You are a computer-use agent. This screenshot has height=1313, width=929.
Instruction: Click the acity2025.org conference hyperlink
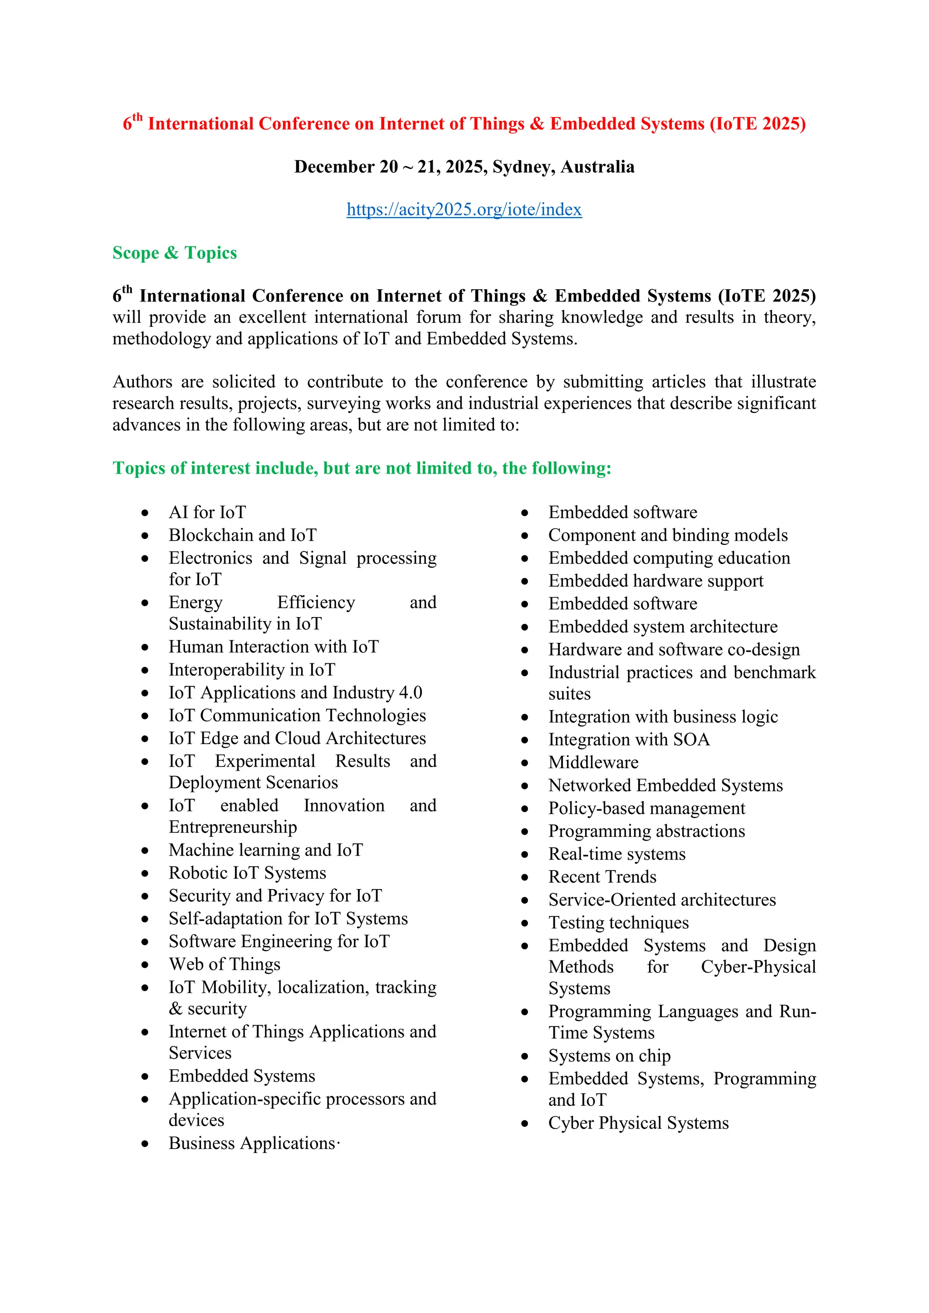(464, 209)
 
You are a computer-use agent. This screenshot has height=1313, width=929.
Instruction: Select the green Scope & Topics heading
(175, 253)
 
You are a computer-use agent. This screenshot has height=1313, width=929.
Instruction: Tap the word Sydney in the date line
(523, 166)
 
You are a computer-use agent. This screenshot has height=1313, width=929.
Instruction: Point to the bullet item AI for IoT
(207, 512)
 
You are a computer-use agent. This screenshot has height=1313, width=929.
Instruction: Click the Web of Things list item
(224, 964)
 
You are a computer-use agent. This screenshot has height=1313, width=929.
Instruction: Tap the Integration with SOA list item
(629, 739)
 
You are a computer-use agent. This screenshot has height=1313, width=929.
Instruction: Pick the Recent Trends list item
(602, 877)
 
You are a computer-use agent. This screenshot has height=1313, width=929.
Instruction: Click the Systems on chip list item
(609, 1055)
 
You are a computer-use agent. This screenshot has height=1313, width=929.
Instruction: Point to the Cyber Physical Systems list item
(638, 1123)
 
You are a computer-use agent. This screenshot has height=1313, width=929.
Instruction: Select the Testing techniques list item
(618, 923)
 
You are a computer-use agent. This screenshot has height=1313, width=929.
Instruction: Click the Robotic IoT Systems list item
(247, 873)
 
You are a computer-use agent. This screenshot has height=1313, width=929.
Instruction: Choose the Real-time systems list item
(616, 854)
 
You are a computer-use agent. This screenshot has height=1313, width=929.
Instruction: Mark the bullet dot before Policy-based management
(524, 809)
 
